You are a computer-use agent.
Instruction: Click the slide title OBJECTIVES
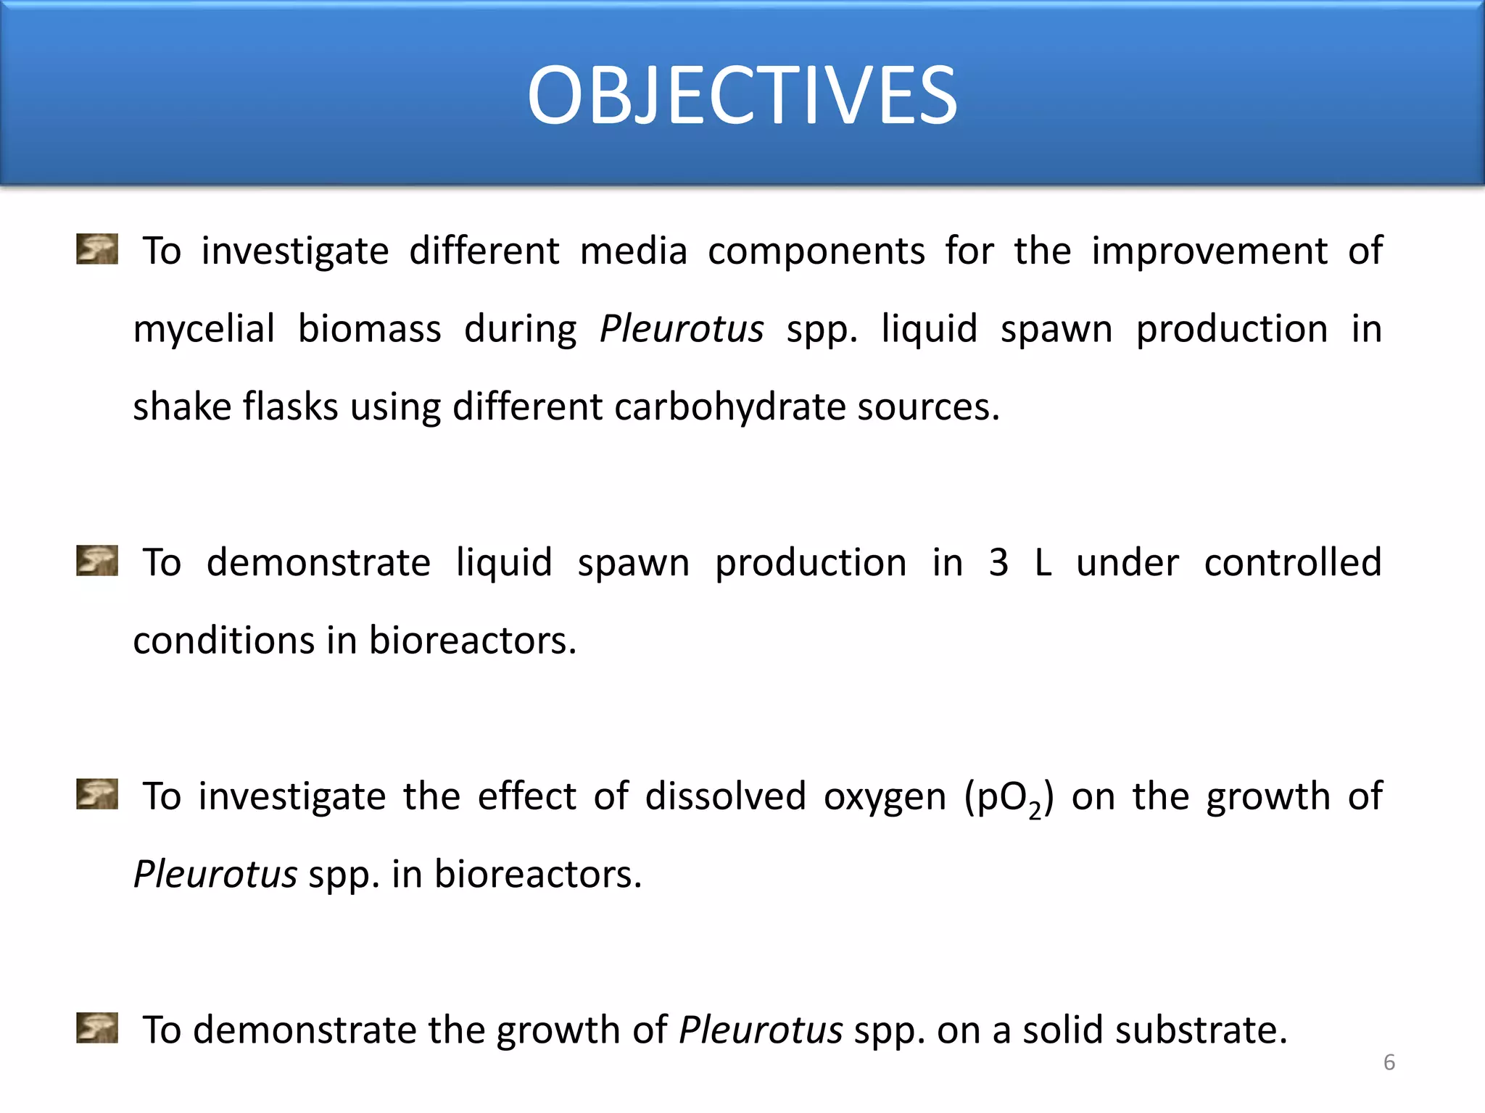click(x=742, y=95)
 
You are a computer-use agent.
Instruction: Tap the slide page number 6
click(x=1389, y=1062)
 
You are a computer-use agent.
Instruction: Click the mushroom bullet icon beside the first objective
click(x=97, y=249)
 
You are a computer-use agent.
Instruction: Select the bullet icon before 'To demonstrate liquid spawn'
click(x=97, y=561)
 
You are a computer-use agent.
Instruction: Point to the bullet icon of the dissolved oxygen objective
click(x=97, y=794)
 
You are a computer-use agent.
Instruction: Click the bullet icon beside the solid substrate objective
click(x=97, y=1027)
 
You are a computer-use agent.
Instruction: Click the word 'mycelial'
click(x=204, y=330)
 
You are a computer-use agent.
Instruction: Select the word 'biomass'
click(x=369, y=328)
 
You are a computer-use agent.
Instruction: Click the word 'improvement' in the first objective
click(x=1209, y=252)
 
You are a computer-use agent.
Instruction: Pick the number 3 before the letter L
click(x=998, y=563)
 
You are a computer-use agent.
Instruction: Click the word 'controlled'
click(x=1292, y=563)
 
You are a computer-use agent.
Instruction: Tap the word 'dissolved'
click(x=725, y=796)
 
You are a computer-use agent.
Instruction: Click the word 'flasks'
click(x=290, y=407)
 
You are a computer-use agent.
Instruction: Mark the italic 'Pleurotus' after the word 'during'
click(x=682, y=330)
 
